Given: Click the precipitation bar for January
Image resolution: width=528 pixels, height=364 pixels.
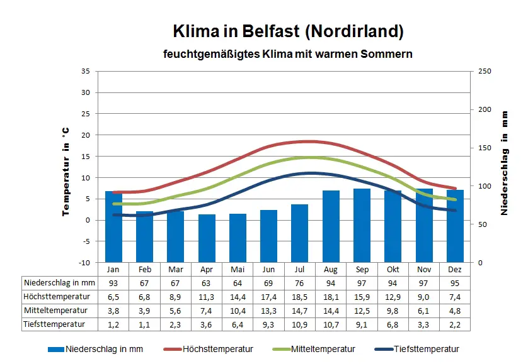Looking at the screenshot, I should (x=113, y=226).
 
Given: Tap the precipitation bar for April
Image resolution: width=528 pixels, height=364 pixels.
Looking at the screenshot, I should (x=207, y=238).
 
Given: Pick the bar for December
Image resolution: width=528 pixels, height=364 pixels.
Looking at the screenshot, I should (x=455, y=226).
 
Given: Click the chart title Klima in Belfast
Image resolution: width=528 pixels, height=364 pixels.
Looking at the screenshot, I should (x=288, y=31).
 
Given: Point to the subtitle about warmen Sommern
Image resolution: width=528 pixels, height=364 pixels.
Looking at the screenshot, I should (x=288, y=54).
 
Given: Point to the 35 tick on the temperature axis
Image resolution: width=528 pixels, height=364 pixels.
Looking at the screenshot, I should (x=86, y=71).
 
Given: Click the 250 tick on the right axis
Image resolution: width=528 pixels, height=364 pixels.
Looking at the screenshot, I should (x=485, y=71).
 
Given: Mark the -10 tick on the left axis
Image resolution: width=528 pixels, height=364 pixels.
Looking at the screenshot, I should (x=84, y=262).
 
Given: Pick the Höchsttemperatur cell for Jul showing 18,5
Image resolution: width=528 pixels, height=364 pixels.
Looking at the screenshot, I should (x=300, y=297).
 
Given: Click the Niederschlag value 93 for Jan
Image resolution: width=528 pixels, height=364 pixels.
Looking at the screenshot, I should (x=113, y=283).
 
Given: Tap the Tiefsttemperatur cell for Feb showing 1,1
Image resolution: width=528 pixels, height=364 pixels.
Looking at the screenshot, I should (x=144, y=324).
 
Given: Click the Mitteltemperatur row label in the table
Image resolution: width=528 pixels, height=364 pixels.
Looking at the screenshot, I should (x=60, y=311).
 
